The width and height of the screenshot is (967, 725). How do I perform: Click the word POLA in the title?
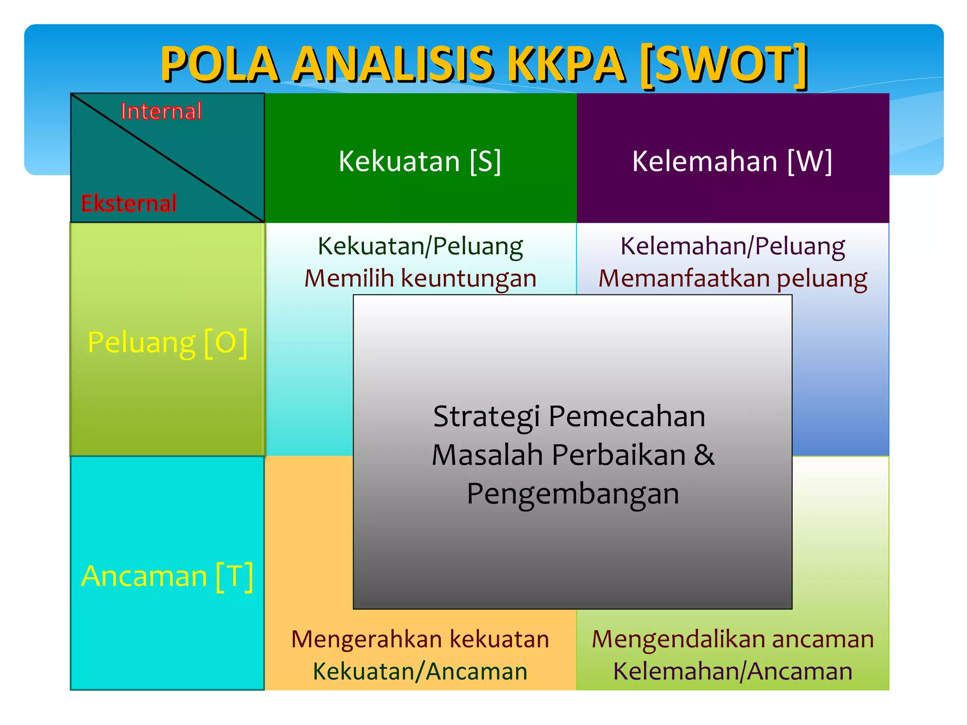click(219, 64)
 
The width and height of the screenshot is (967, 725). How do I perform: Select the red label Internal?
click(161, 111)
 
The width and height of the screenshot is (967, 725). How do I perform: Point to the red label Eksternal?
click(129, 203)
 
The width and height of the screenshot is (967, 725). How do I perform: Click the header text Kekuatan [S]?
click(420, 161)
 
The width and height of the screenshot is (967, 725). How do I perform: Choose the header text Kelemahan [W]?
click(732, 161)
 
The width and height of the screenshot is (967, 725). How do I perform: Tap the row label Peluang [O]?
click(167, 342)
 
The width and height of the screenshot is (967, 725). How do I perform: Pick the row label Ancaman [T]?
click(167, 576)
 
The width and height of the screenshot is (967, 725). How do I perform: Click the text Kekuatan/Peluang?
click(420, 246)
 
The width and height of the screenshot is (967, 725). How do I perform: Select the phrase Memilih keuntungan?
click(420, 278)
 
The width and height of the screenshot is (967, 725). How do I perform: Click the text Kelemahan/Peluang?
click(732, 246)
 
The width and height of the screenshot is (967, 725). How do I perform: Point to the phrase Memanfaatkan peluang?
click(732, 278)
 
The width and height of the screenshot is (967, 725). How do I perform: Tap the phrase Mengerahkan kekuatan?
click(420, 639)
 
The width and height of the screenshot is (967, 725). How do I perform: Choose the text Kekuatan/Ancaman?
click(420, 671)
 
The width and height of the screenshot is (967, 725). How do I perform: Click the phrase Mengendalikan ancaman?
click(732, 639)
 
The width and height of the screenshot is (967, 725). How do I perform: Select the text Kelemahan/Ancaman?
click(732, 671)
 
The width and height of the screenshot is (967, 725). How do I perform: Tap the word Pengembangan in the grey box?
click(573, 494)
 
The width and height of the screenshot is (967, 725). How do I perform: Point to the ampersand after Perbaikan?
click(704, 455)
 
